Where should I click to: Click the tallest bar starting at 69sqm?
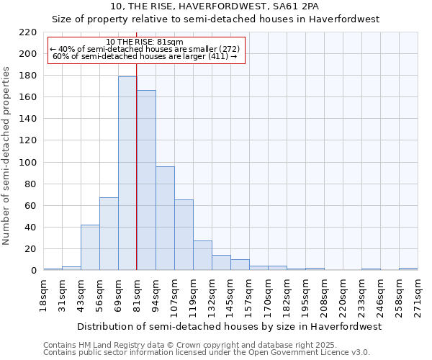click(x=127, y=173)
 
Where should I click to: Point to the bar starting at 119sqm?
click(x=202, y=255)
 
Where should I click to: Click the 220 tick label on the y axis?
click(x=28, y=32)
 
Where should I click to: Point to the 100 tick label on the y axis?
click(x=28, y=163)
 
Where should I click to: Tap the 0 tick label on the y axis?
click(x=33, y=271)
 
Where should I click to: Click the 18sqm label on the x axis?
click(x=44, y=294)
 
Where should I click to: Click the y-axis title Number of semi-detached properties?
click(x=7, y=156)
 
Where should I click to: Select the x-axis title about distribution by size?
click(x=229, y=326)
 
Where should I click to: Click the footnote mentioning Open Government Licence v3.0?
click(x=206, y=353)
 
